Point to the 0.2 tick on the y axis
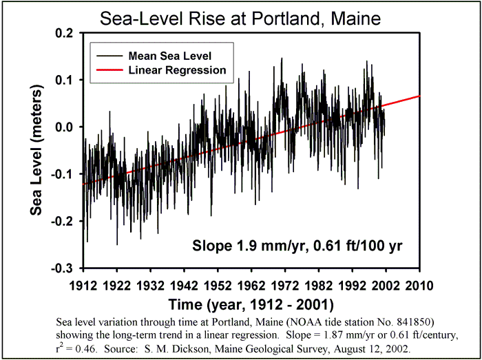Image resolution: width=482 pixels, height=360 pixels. coord(67,33)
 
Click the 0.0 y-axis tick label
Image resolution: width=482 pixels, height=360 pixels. coord(67,127)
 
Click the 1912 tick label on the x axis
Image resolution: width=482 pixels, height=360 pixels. coord(83,284)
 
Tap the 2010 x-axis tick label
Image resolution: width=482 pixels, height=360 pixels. coord(419,284)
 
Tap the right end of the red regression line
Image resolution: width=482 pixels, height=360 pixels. coord(419,96)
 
